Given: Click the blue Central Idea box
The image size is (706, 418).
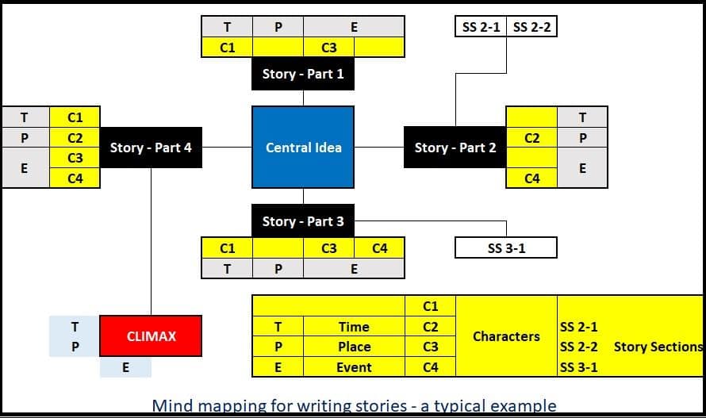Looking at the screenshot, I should (303, 148).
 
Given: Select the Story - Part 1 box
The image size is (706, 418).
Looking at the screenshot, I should (303, 74).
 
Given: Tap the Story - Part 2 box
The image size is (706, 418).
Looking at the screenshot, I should (455, 148).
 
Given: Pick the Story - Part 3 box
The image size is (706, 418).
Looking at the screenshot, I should (303, 221).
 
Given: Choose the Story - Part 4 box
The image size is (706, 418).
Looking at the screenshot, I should (151, 148).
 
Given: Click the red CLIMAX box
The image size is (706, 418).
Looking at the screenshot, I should (151, 336).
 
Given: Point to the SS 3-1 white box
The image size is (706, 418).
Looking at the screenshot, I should (506, 248).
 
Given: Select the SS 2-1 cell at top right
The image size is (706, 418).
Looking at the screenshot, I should (481, 28).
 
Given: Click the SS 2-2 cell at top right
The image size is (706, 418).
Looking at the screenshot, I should (531, 28).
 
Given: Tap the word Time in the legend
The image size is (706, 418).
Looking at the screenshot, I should (354, 327).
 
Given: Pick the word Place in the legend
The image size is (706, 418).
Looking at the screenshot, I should (354, 347).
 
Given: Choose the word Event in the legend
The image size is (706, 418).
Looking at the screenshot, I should (354, 367).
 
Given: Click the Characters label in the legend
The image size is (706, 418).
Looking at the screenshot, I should (506, 336).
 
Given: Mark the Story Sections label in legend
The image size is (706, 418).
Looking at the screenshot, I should (658, 347).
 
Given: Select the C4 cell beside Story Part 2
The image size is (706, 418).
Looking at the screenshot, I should (532, 178).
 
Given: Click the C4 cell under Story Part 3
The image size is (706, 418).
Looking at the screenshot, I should (380, 248).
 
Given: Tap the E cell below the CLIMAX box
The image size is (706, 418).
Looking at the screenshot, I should (125, 367).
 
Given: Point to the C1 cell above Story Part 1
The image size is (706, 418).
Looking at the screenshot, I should (227, 48).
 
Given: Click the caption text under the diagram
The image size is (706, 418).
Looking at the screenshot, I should (354, 405).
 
